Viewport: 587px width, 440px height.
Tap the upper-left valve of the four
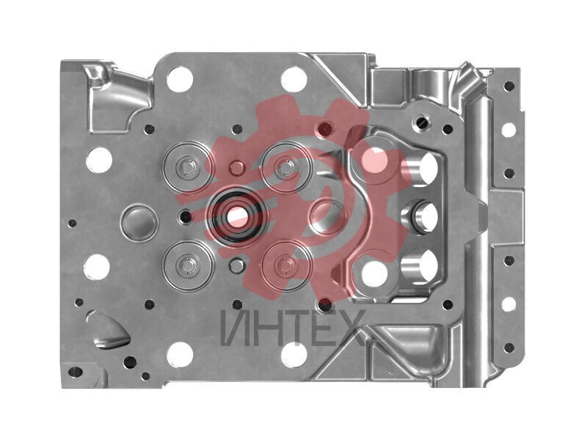coord(188,167)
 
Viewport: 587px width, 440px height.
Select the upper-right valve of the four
coord(286,167)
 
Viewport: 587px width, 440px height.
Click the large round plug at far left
coord(139,223)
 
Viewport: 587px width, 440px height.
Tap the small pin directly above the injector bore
coord(237,168)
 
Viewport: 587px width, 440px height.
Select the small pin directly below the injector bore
coord(236,266)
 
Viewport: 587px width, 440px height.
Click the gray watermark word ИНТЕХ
coord(293,328)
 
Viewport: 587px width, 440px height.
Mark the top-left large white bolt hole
coord(180,79)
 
